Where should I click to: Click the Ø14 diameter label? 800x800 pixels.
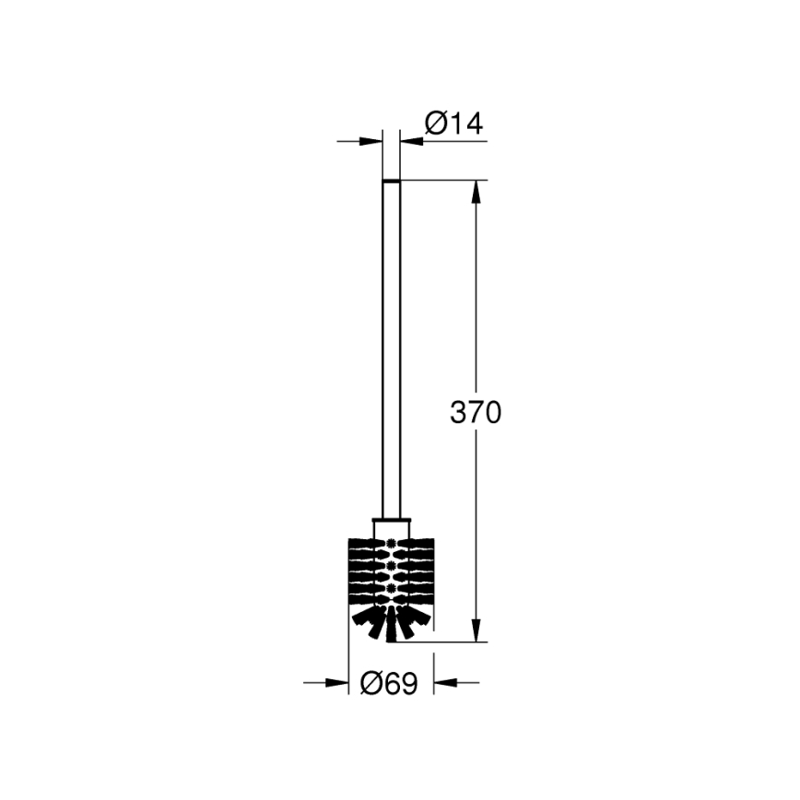(453, 124)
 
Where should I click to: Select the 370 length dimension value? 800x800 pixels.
(476, 413)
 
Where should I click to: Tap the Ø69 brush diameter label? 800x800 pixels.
(390, 683)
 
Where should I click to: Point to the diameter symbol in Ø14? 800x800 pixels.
(436, 124)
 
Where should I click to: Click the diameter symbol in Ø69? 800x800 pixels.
(372, 683)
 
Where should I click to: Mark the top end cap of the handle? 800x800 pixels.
(391, 181)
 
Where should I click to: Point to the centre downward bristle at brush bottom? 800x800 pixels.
(391, 627)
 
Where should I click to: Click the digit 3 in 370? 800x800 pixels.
(459, 413)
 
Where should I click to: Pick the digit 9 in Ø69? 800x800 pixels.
(408, 683)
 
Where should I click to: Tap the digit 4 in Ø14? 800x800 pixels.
(474, 124)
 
